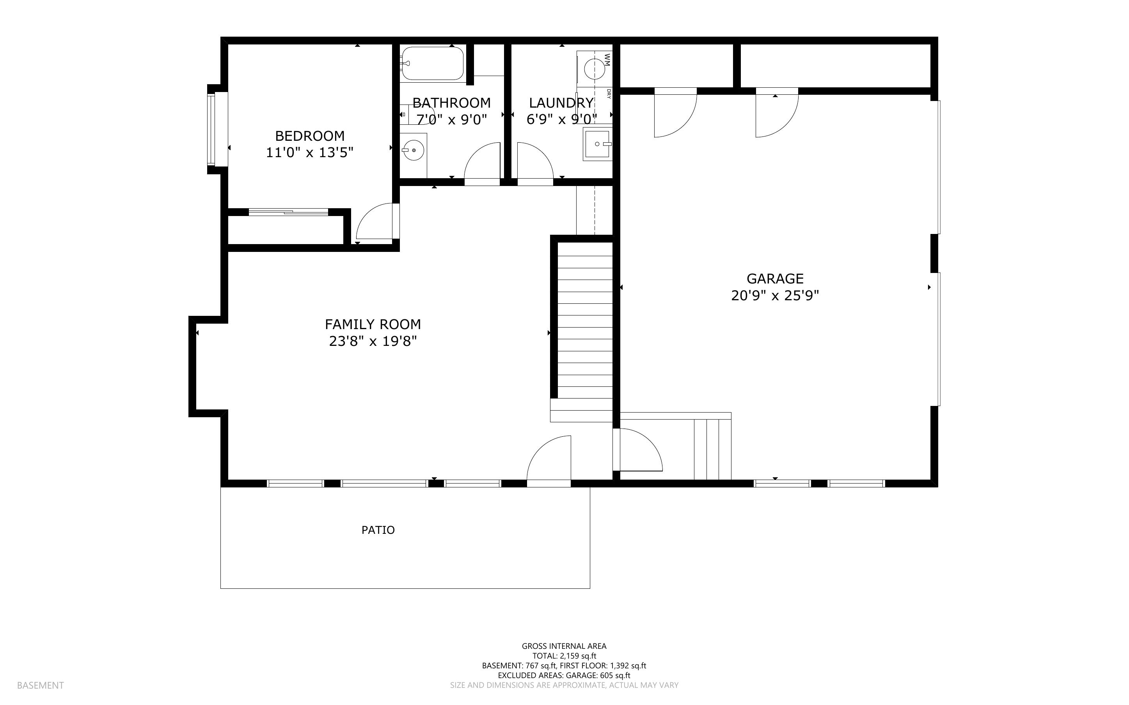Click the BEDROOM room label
(310, 136)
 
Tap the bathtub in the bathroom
(432, 64)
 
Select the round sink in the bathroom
(413, 151)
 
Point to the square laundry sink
(597, 145)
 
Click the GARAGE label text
(775, 279)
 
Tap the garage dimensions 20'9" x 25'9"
(775, 296)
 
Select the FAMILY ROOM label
(373, 324)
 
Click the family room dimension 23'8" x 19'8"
(373, 341)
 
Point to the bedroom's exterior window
(212, 129)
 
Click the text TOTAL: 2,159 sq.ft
(564, 656)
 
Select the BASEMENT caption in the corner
(40, 686)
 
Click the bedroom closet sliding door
(288, 212)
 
